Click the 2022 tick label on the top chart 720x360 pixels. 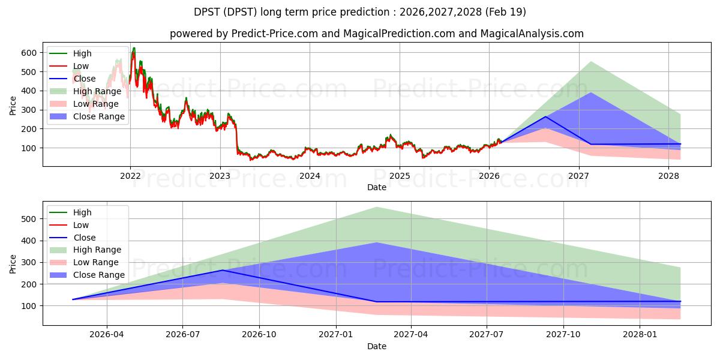pos(130,176)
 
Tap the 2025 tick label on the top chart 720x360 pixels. pos(400,176)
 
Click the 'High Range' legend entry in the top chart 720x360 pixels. pos(98,91)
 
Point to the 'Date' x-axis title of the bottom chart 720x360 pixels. pos(377,346)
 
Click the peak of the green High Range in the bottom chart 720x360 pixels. pos(376,207)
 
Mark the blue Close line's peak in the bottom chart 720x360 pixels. pos(223,270)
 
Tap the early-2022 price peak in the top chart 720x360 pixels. pos(133,48)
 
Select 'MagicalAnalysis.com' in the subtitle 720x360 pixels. pos(532,34)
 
